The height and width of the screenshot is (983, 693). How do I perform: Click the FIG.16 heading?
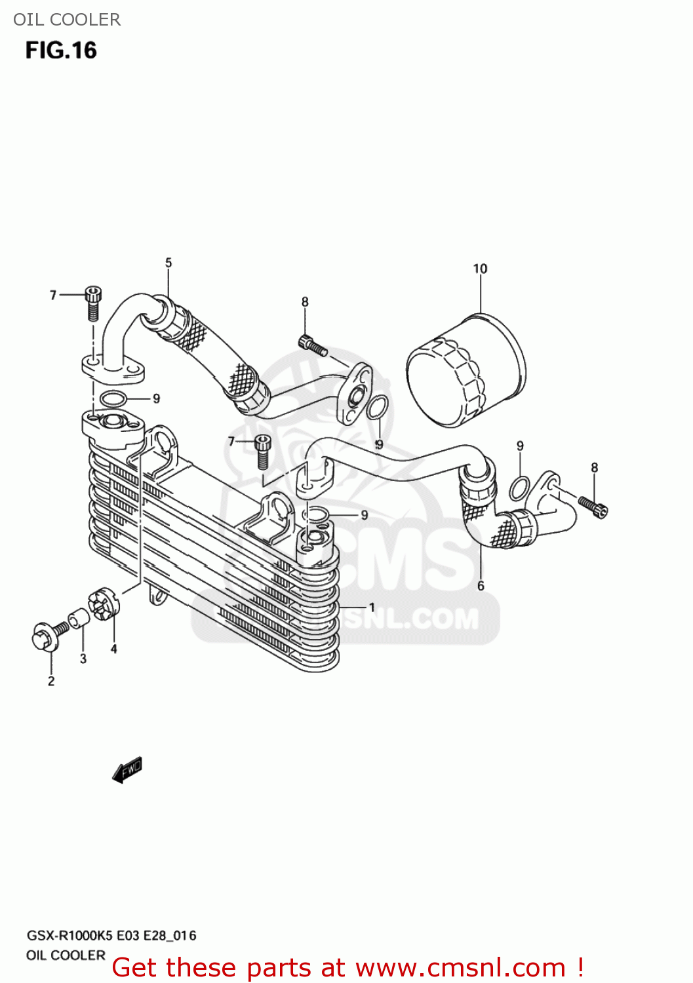61,50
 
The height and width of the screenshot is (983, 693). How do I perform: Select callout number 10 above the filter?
480,269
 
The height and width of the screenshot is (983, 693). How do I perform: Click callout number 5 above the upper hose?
168,263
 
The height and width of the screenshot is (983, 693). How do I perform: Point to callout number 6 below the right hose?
481,586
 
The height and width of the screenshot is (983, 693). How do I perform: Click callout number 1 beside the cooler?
372,607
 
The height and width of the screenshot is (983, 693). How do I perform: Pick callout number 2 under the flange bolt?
51,682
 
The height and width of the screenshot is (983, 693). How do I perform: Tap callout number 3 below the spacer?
83,659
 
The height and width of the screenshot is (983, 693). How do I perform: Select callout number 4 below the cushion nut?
114,649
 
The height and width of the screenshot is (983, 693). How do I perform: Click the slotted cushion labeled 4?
104,603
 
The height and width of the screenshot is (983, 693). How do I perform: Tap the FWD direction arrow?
127,769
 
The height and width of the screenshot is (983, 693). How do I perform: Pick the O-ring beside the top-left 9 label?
113,398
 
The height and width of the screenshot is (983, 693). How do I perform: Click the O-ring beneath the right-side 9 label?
519,488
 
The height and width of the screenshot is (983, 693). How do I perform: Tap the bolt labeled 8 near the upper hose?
312,344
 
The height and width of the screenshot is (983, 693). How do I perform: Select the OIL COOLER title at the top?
67,20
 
